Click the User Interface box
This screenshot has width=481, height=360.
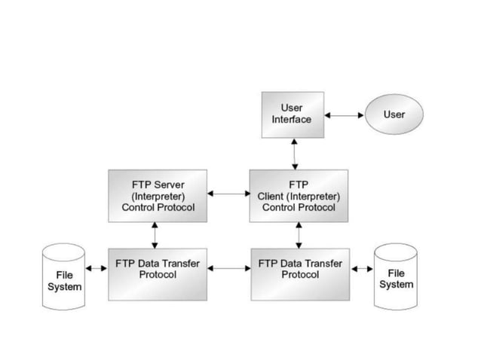click(x=293, y=114)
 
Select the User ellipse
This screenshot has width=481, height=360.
click(x=394, y=115)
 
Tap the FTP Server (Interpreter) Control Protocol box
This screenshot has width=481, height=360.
click(x=158, y=195)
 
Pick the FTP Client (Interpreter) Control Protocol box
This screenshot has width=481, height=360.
click(x=299, y=195)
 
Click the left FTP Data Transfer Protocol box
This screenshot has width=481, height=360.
click(x=158, y=273)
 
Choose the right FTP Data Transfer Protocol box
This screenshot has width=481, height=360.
click(x=300, y=273)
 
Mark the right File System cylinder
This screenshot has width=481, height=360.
click(x=395, y=276)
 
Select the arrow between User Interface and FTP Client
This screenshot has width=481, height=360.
click(x=294, y=154)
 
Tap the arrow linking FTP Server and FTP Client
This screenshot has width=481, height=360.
click(x=228, y=194)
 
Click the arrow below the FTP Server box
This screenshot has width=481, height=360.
click(x=155, y=234)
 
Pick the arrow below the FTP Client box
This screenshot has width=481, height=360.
click(x=299, y=234)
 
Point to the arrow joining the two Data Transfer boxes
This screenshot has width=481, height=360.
click(x=228, y=267)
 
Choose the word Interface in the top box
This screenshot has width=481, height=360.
click(x=291, y=120)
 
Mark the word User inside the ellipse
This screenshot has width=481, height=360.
click(x=394, y=115)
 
